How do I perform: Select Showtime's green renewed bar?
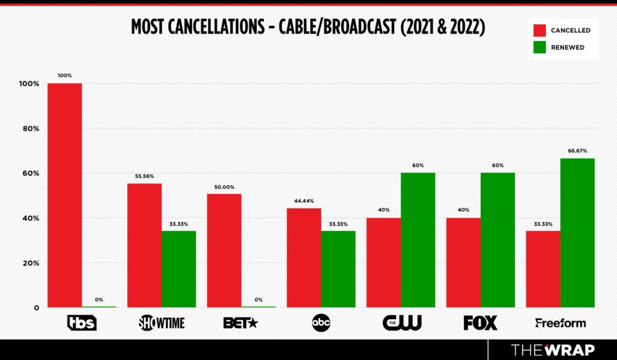[x=178, y=269]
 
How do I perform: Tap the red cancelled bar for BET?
[x=224, y=250]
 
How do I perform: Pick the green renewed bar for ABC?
[x=338, y=269]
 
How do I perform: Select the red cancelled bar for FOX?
[x=463, y=262]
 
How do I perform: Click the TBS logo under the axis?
[x=81, y=323]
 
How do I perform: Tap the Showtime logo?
[x=161, y=323]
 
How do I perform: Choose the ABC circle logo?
[x=321, y=323]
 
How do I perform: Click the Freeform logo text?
[x=560, y=323]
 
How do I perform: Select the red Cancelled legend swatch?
[x=539, y=30]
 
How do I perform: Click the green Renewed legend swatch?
[x=539, y=47]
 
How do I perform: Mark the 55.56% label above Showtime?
[x=144, y=176]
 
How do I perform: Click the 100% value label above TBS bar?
[x=64, y=75]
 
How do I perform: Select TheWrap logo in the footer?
[x=553, y=350]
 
